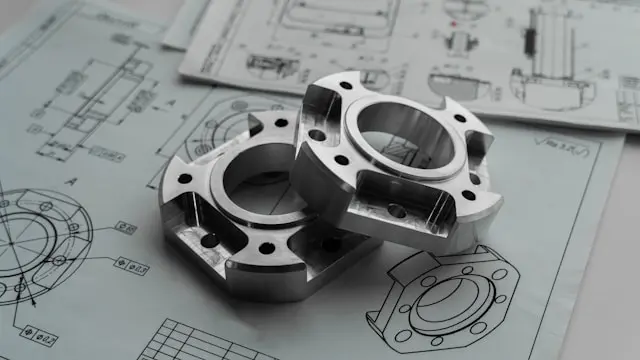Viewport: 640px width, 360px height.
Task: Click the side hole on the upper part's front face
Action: tap(397, 210)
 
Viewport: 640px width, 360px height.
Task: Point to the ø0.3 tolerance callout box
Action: tap(134, 267)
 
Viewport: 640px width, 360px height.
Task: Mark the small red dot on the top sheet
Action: tap(455, 22)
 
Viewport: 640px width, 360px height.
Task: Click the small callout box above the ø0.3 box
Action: tap(124, 227)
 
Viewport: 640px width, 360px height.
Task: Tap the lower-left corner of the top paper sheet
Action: tap(182, 75)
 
